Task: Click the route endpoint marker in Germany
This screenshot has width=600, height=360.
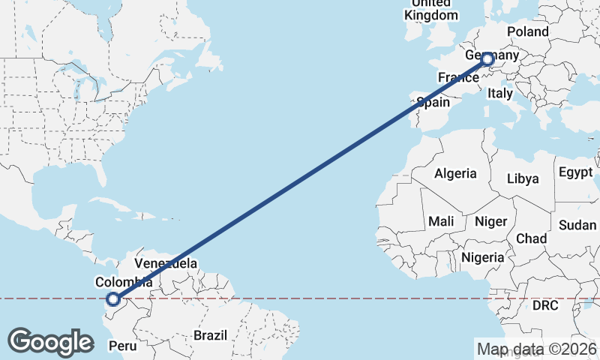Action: tap(487, 58)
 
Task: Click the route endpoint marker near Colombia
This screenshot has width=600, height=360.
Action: tap(113, 299)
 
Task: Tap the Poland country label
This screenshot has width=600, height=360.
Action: tap(528, 31)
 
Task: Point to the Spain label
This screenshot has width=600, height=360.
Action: tap(433, 102)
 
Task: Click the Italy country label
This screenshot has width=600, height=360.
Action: tap(500, 94)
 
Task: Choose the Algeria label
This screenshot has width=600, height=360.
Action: tap(455, 173)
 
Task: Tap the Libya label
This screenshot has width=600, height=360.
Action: tap(523, 179)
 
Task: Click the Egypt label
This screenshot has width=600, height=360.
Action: tap(575, 172)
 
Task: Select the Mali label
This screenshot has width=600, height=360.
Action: tap(441, 221)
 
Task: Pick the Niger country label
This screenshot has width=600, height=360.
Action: tap(491, 221)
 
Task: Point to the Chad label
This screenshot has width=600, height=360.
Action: tap(531, 238)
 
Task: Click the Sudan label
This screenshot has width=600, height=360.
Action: tap(577, 225)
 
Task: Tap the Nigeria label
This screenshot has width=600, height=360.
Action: tap(483, 257)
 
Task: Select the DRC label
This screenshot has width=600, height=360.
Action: tap(546, 306)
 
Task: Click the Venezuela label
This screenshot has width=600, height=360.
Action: tap(166, 264)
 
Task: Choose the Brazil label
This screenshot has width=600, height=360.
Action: tap(210, 335)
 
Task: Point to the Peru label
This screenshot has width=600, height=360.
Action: tap(123, 346)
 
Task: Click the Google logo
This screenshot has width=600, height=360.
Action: tap(50, 342)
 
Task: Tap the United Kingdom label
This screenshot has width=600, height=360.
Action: tap(430, 9)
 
